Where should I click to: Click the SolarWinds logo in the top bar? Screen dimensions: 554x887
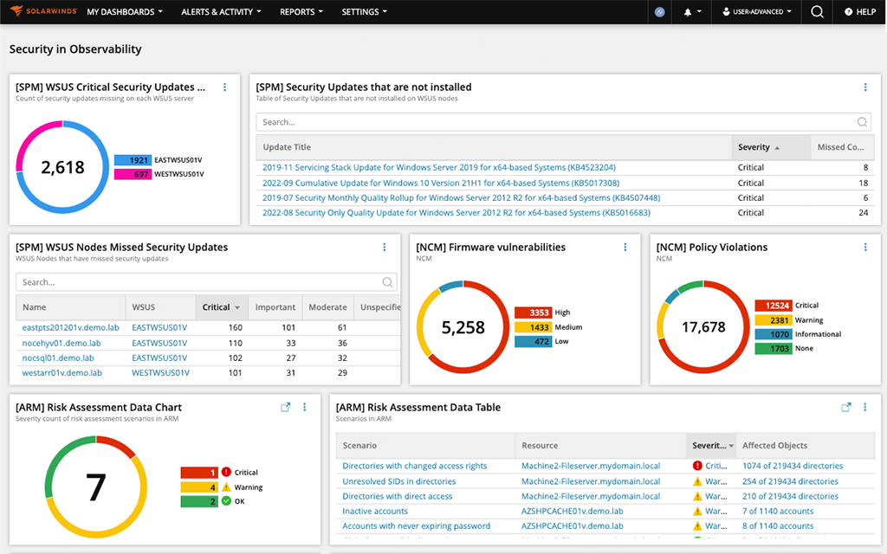(x=42, y=12)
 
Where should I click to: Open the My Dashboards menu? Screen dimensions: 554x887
(x=125, y=12)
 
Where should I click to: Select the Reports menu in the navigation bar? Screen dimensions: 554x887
(x=301, y=12)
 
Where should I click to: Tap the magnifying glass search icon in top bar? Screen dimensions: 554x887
(x=817, y=12)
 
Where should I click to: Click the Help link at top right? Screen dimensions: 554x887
(x=859, y=12)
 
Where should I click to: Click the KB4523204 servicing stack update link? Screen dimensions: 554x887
(x=439, y=168)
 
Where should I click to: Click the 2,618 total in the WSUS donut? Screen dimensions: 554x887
(x=63, y=167)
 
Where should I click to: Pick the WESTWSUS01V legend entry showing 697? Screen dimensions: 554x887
(x=159, y=175)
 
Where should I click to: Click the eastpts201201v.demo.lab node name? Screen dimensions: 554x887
(x=62, y=328)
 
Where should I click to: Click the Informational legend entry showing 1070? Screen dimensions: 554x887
(x=797, y=334)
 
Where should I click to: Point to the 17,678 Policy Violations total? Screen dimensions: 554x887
(x=703, y=327)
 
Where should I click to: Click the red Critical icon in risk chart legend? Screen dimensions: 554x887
(x=225, y=473)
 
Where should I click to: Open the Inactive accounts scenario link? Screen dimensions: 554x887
(x=375, y=512)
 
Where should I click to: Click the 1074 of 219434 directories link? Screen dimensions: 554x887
(x=793, y=467)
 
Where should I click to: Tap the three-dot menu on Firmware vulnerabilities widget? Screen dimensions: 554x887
(x=625, y=248)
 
